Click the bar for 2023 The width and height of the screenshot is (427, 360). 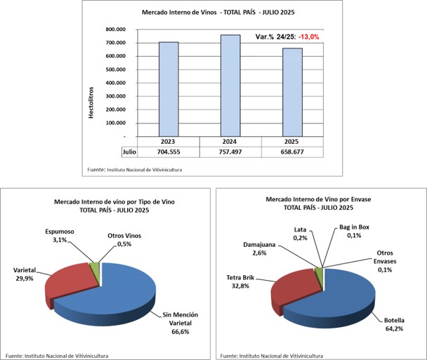click(x=169, y=89)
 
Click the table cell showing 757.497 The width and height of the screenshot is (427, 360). click(x=230, y=151)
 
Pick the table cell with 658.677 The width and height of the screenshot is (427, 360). click(x=292, y=151)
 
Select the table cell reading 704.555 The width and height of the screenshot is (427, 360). click(x=169, y=151)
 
